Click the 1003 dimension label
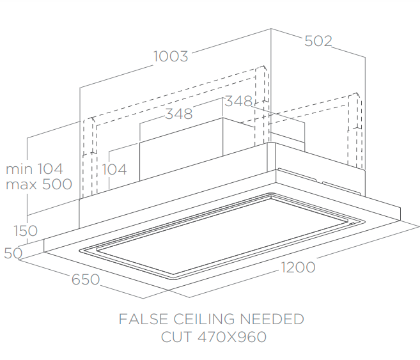[x=171, y=56]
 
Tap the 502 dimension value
[x=318, y=41]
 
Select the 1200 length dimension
[x=298, y=267]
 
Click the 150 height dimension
[x=26, y=230]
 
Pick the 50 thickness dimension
[x=13, y=253]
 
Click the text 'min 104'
[x=35, y=169]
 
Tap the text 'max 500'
[x=38, y=184]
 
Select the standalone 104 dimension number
[x=114, y=169]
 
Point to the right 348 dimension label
[x=238, y=101]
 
